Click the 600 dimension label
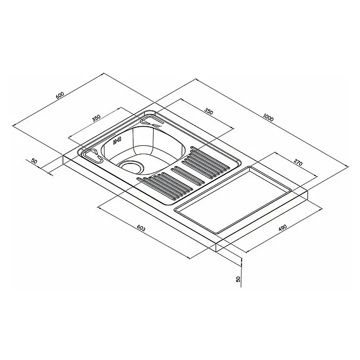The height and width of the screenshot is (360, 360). coord(59,95)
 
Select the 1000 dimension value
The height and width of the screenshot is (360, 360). coord(268,117)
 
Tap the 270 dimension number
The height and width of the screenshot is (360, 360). coord(298,163)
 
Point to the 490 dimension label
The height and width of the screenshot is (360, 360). coord(282,228)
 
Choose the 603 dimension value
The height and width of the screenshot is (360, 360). coord(141,228)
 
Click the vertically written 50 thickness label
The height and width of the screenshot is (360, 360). coord(238,279)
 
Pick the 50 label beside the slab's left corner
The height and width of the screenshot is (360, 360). coord(34,161)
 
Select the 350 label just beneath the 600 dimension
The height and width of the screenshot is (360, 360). coord(96,117)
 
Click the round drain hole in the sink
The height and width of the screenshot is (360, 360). coord(131,167)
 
